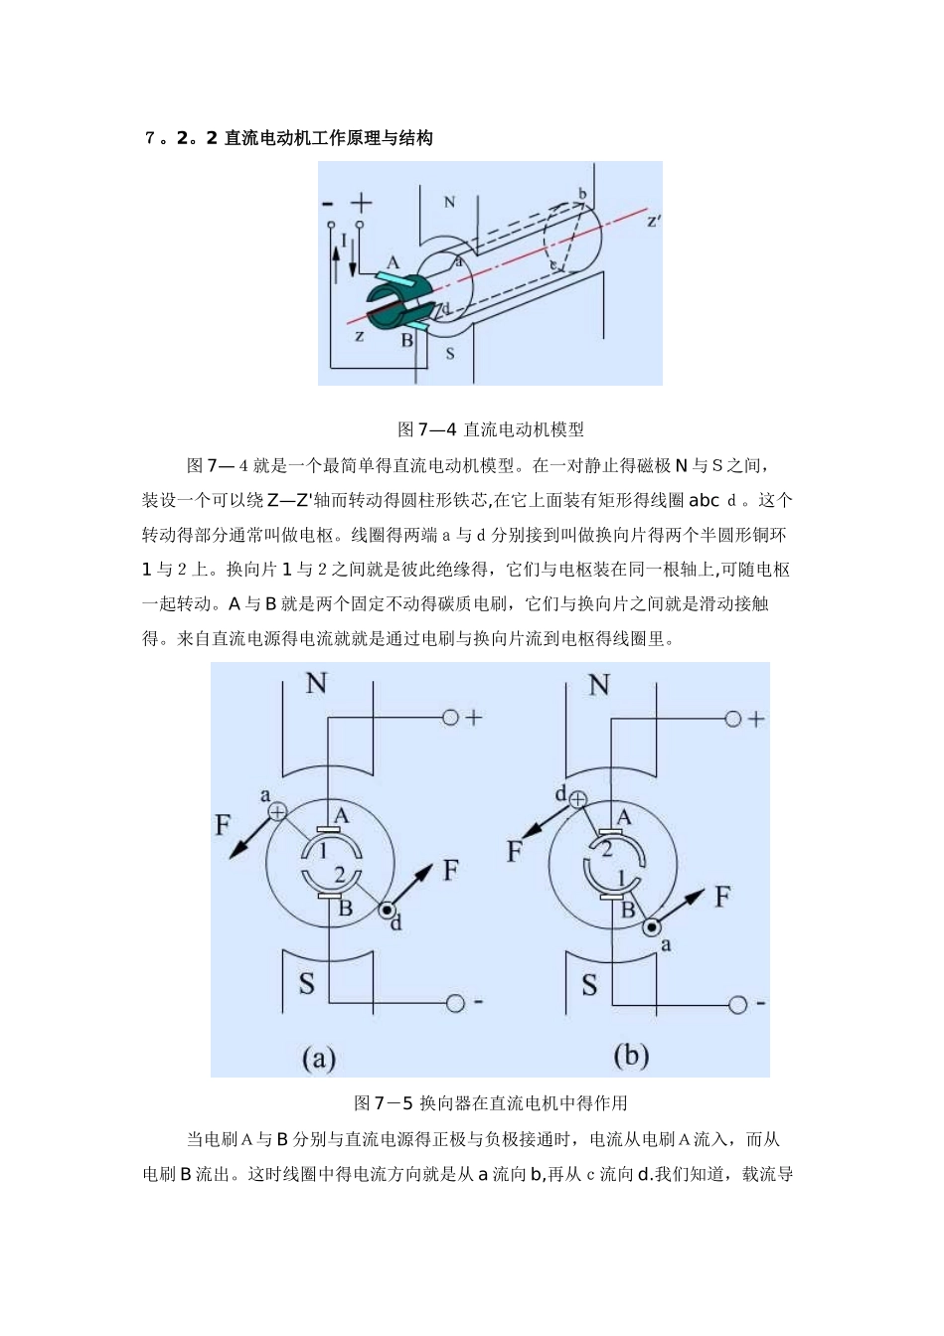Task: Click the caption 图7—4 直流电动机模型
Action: pos(491,429)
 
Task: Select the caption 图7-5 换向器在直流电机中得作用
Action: pos(491,1102)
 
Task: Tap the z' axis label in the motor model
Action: pos(654,221)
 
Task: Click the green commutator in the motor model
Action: pos(394,301)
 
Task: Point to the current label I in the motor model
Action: pos(344,240)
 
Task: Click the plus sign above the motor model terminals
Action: pos(361,204)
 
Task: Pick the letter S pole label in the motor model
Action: pos(449,353)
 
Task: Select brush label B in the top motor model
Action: pos(406,340)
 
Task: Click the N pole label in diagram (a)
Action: pos(316,683)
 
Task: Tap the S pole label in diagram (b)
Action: pos(589,984)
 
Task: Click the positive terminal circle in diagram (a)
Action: pos(451,717)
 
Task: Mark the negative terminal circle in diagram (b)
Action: pos(736,1004)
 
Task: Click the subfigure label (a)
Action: pos(318,1058)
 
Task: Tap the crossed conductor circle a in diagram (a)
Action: pos(278,812)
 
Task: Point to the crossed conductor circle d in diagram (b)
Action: pos(577,799)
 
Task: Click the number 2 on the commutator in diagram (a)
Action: pos(339,875)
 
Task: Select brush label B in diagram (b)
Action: pos(628,909)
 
